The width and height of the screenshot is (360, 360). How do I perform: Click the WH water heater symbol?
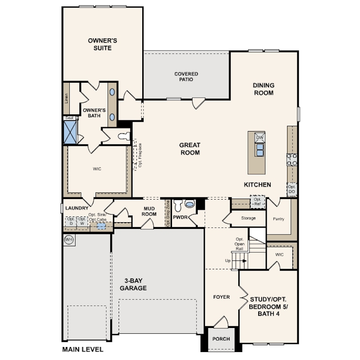(x=68, y=240)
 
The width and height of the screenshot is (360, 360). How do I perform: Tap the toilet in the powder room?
(x=178, y=205)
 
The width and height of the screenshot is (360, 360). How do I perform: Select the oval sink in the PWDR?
(x=190, y=204)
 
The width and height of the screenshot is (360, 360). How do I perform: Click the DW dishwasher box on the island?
(x=260, y=138)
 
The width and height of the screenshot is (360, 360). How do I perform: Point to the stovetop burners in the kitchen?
(x=292, y=160)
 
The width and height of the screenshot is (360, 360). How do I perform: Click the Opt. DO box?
(x=292, y=189)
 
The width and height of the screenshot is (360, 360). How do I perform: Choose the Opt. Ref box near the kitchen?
(x=257, y=202)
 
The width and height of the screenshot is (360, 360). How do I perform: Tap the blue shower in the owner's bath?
(x=70, y=132)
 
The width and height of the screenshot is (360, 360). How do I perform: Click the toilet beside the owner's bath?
(x=124, y=136)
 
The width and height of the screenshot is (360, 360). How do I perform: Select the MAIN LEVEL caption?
(x=83, y=349)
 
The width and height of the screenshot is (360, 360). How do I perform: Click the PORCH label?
(x=221, y=339)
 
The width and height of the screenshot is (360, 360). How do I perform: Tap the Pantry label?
(x=279, y=219)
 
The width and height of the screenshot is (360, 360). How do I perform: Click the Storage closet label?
(x=248, y=218)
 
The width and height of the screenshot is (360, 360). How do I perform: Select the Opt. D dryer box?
(x=71, y=222)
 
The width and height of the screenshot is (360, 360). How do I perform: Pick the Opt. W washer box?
(x=82, y=222)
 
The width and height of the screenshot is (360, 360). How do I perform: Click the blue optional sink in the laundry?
(x=101, y=226)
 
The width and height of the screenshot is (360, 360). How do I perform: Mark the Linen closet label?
(x=66, y=98)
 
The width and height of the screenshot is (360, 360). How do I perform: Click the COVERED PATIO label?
(x=186, y=77)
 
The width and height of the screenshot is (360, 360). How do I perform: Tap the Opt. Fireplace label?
(x=140, y=155)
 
